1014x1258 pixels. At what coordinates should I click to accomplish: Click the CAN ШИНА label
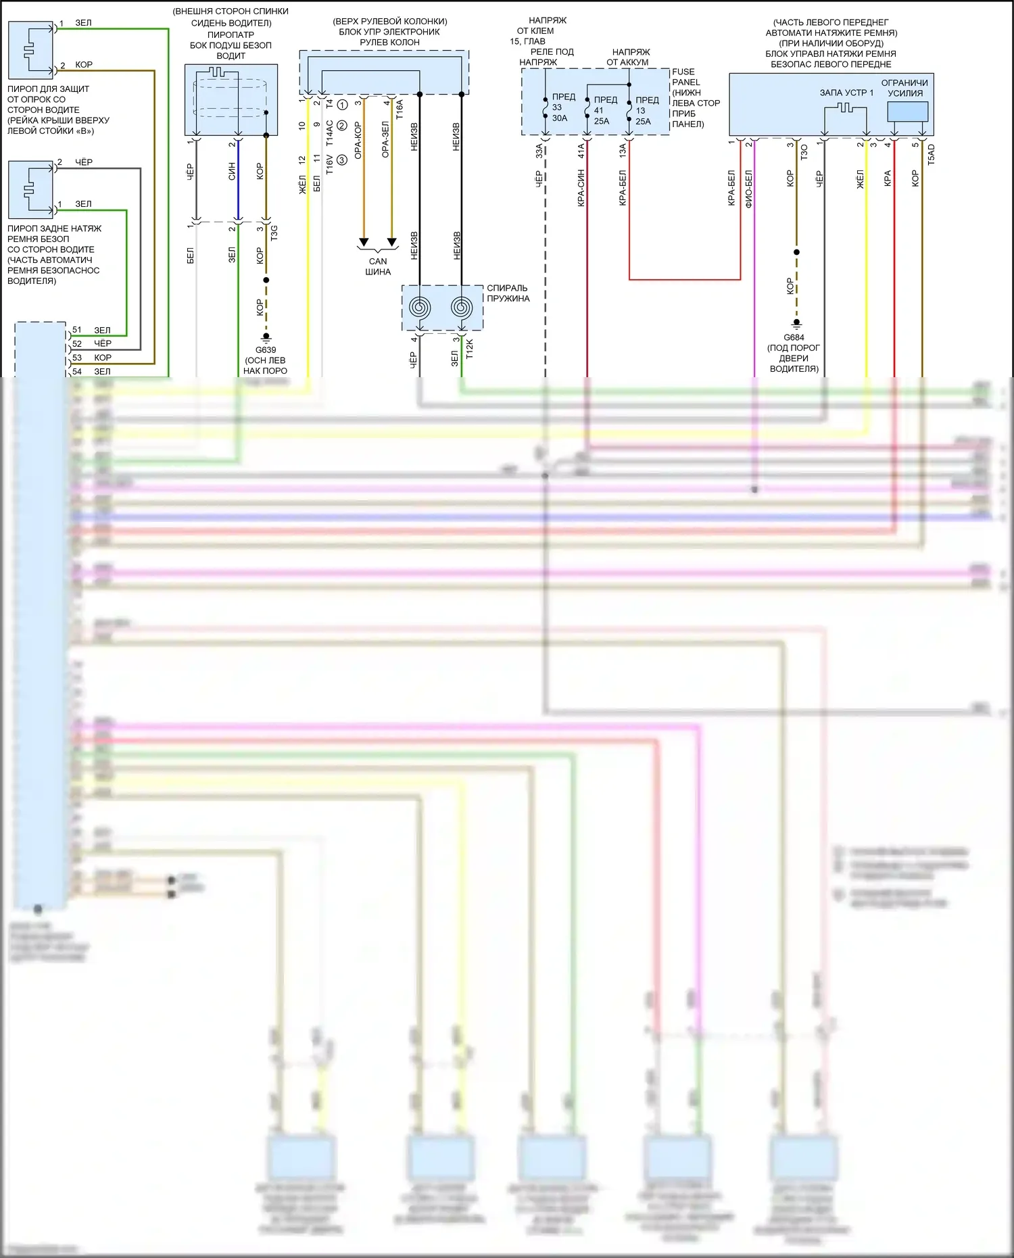click(378, 266)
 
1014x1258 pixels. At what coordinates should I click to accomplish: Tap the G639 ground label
click(266, 350)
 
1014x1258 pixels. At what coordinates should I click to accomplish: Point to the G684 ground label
click(794, 337)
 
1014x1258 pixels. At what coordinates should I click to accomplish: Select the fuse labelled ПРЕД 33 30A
click(560, 107)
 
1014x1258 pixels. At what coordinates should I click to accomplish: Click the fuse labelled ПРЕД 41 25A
click(602, 110)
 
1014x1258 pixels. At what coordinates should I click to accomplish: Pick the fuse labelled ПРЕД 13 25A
click(643, 110)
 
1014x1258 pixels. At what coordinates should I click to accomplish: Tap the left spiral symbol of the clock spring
click(420, 308)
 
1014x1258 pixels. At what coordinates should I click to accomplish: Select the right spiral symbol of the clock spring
click(462, 308)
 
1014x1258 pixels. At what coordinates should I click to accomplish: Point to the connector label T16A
click(400, 110)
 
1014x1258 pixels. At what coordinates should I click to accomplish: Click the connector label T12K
click(470, 348)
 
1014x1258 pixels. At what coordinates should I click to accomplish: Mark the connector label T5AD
click(931, 154)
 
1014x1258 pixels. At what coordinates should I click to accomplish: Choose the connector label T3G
click(274, 233)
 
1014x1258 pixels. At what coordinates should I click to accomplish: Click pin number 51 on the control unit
click(77, 330)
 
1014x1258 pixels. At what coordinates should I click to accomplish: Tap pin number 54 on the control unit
click(77, 371)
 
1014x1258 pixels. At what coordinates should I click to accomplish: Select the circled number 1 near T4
click(343, 105)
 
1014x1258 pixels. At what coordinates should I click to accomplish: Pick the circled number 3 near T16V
click(342, 160)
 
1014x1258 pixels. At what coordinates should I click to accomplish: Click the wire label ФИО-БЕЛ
click(748, 188)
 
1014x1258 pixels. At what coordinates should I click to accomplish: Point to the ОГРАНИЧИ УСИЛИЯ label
click(904, 88)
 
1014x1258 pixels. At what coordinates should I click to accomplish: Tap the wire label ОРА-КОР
click(358, 141)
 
